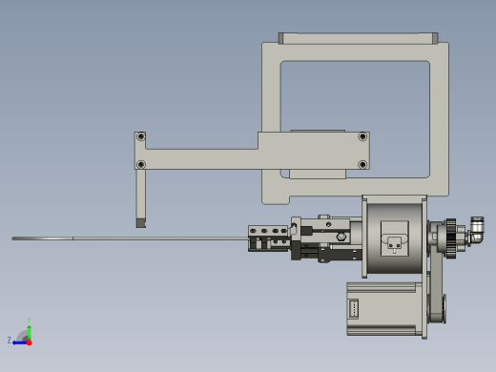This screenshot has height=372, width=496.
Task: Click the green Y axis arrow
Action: tap(30, 324)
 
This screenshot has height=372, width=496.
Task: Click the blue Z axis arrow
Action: tap(17, 341)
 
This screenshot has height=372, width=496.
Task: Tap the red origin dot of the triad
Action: tap(29, 341)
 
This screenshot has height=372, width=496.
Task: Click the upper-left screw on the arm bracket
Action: tap(141, 137)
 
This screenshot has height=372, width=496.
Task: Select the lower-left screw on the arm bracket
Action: tap(141, 164)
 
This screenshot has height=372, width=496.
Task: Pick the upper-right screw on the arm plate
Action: tap(362, 137)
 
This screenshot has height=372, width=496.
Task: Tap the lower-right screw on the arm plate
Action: tap(362, 164)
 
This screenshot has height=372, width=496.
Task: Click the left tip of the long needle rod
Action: tap(14, 238)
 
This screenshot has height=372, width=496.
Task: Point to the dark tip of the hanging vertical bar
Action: tap(141, 223)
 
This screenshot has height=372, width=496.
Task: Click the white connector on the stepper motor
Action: tap(355, 309)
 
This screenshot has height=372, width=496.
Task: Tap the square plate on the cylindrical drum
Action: tap(395, 238)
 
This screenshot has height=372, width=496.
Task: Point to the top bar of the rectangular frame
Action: tap(358, 38)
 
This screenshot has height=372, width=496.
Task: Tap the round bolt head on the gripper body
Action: tap(341, 235)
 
